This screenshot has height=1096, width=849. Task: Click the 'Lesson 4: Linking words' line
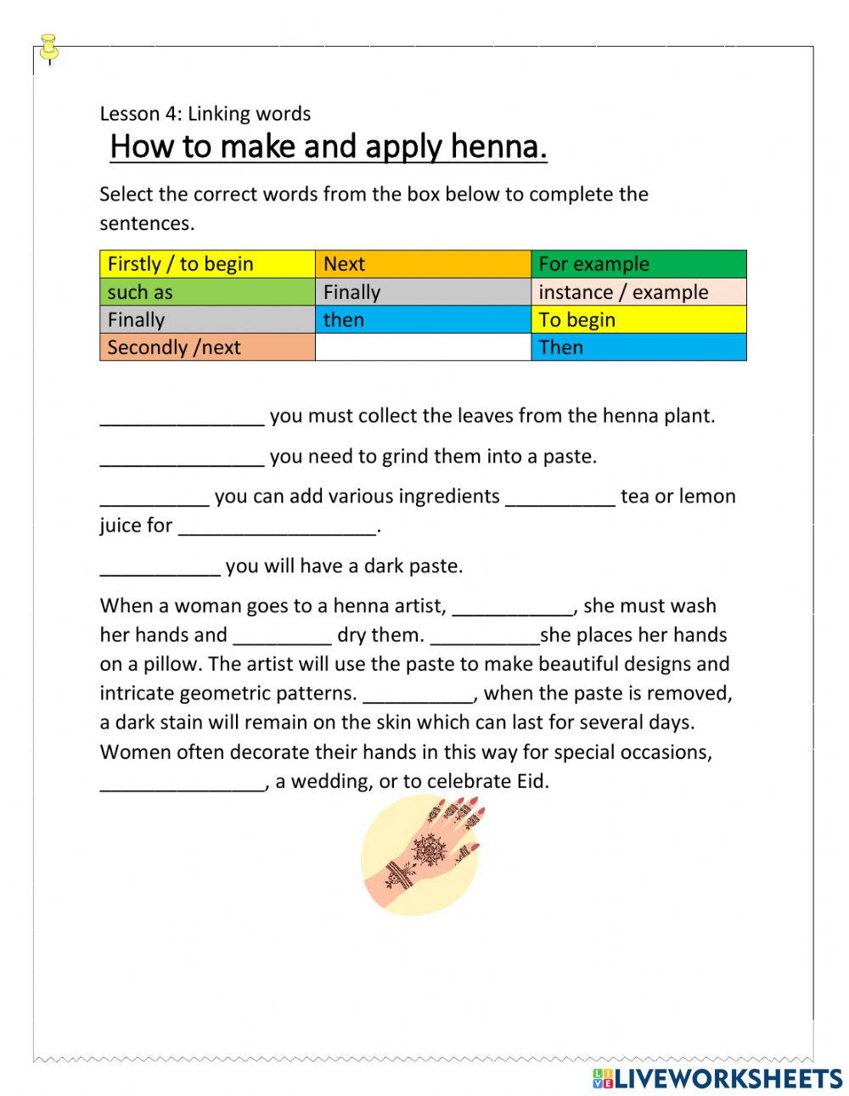205,114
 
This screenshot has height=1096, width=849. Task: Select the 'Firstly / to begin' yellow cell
207,264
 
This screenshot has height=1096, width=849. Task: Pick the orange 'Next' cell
423,264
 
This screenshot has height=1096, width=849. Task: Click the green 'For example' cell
638,264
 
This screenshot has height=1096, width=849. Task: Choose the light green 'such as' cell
207,292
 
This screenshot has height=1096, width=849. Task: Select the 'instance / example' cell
638,292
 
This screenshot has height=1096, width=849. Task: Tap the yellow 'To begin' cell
638,320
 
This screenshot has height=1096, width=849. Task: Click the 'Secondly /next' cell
207,347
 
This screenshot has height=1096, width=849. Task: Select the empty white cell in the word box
423,347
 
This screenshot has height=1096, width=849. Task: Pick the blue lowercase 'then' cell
423,320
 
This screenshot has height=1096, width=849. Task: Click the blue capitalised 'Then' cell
638,347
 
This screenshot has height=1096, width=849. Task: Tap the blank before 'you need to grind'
182,457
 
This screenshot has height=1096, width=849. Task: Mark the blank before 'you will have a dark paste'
160,566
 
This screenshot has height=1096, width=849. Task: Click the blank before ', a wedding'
182,782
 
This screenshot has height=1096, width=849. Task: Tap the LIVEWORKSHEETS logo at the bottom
717,1078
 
